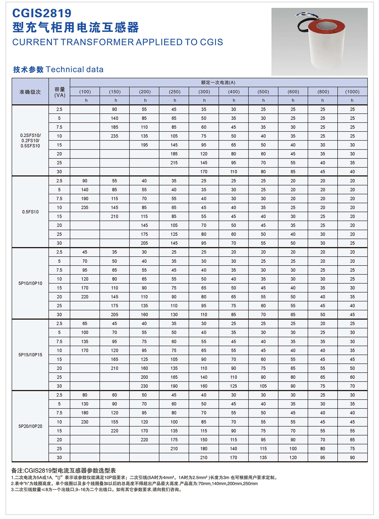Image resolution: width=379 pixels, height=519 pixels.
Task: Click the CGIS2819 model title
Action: coord(42,13)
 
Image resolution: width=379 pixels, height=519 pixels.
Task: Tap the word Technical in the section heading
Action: coord(65,69)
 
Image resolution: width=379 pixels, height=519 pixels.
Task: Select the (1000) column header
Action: coord(352,91)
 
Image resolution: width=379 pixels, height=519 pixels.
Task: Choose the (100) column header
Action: coord(85,91)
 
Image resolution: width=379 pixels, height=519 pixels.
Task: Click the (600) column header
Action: coord(293,91)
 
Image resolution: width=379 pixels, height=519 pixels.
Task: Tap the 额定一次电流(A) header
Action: coord(218,82)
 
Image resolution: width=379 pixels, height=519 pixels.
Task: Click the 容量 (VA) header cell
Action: coord(60,92)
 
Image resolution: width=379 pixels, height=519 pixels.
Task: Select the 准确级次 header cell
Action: coord(30,92)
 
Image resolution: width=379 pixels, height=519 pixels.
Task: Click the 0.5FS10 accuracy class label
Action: coord(30,212)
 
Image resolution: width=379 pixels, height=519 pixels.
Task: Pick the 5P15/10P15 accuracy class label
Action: coord(30,355)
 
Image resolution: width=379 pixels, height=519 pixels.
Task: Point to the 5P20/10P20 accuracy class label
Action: coord(30,426)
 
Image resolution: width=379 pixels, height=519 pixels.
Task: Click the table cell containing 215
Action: coord(174,163)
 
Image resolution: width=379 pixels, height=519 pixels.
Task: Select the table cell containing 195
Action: coord(144,145)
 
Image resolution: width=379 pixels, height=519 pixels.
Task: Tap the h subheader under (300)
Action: coord(204,100)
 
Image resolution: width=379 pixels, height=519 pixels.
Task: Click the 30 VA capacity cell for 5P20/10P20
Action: coord(59,457)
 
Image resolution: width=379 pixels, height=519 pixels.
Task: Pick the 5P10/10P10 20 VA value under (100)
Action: coord(85,297)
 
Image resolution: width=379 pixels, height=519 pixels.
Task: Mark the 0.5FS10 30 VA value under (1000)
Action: coord(352,243)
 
